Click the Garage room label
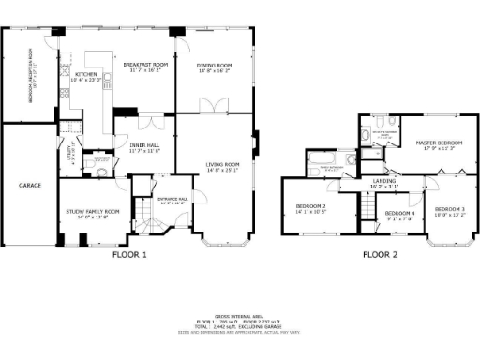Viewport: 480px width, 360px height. tap(29, 186)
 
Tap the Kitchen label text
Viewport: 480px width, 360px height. tap(73, 74)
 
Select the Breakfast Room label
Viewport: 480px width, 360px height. tap(145, 67)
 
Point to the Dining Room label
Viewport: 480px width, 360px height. tap(214, 67)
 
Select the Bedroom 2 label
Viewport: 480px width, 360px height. tap(311, 207)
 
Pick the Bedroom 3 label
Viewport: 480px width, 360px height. tap(449, 210)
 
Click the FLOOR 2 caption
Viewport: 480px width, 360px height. tap(381, 254)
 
